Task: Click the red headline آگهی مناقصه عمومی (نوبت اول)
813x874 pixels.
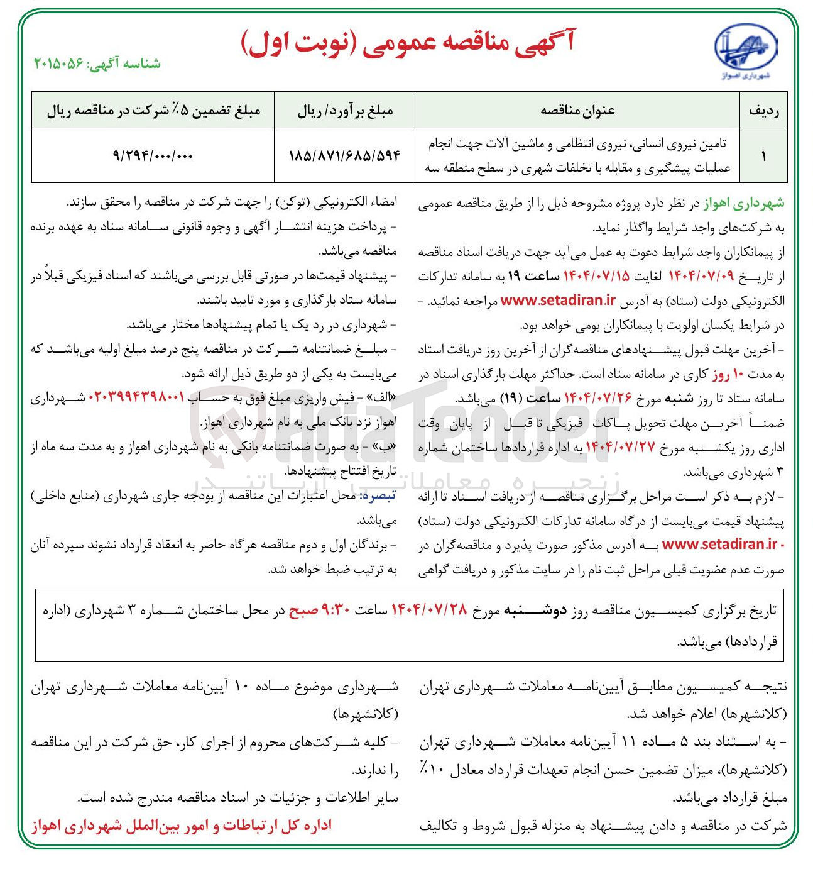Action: click(408, 43)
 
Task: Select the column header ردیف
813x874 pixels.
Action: click(763, 111)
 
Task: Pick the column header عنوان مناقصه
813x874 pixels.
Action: click(577, 111)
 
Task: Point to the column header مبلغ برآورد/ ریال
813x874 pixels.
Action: click(345, 111)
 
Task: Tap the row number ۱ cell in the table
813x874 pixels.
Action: click(763, 155)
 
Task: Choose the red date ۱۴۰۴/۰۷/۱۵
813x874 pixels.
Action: click(596, 277)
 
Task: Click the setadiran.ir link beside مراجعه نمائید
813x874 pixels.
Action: click(558, 301)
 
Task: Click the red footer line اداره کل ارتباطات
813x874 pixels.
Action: click(182, 826)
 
